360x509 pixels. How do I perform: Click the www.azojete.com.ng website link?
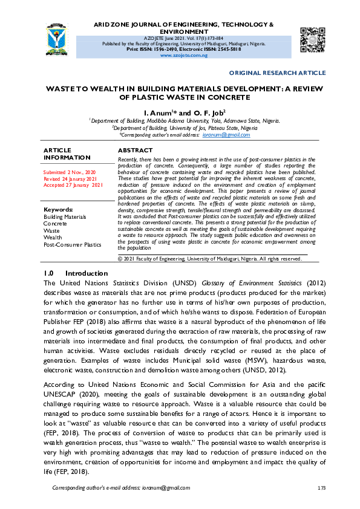coord(183,55)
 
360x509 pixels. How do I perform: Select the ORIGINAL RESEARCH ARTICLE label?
coord(277,73)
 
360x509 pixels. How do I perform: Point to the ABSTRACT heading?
coord(135,150)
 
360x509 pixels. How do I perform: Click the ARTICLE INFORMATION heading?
coord(67,154)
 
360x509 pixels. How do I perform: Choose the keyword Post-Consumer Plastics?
coord(72,245)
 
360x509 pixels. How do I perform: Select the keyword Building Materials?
coord(65,216)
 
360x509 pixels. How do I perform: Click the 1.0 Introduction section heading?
coord(76,273)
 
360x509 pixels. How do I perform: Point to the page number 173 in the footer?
coord(321,487)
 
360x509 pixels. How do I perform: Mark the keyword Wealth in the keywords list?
coord(53,238)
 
